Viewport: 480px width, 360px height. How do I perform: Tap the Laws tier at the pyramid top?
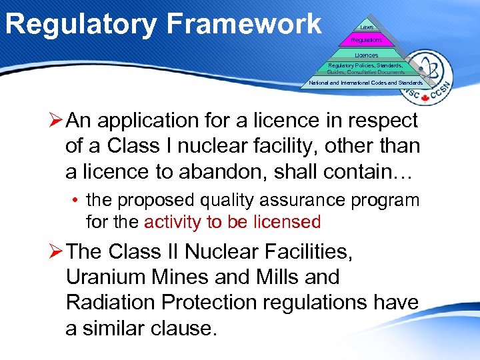(367, 27)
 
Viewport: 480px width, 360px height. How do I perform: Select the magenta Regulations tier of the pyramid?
(367, 40)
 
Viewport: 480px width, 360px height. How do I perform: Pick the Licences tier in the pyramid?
(366, 55)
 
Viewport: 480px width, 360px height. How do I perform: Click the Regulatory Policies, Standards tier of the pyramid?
(365, 69)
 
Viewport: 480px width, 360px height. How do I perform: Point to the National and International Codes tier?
(365, 83)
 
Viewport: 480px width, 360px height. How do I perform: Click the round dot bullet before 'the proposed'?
(78, 201)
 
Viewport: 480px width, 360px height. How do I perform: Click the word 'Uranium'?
(102, 277)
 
